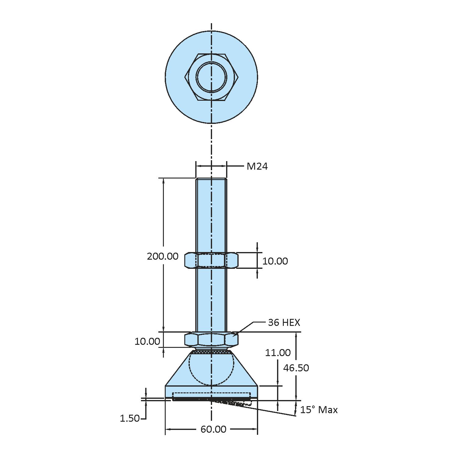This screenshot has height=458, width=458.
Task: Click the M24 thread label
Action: (257, 166)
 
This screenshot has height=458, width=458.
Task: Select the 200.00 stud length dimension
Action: (163, 256)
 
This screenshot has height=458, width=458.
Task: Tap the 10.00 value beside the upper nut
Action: (275, 261)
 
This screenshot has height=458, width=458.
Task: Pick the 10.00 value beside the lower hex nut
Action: (147, 341)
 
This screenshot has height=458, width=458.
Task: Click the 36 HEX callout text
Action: (284, 323)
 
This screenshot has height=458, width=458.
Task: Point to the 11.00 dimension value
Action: (277, 353)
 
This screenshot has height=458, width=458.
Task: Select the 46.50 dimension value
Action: (296, 368)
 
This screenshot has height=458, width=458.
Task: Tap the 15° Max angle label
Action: (319, 410)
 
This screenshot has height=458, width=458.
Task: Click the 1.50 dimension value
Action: (130, 418)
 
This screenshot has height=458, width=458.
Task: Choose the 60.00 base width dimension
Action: (213, 429)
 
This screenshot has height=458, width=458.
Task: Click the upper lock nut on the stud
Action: (211, 260)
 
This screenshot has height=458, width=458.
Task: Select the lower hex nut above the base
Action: (211, 339)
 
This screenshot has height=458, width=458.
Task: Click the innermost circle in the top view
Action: (211, 77)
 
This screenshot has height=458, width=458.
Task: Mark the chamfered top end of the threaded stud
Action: (211, 179)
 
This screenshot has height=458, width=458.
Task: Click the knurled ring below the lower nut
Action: (211, 352)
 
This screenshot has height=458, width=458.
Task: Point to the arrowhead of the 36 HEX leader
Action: (233, 336)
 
